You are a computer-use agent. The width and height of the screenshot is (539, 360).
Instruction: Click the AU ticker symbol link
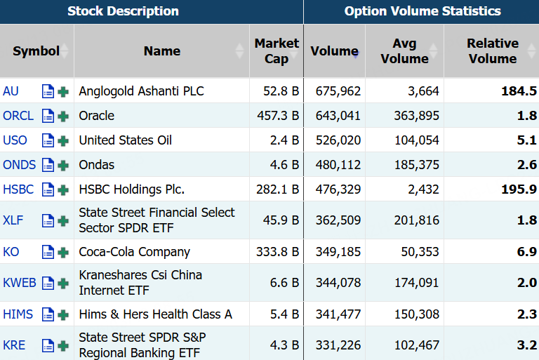pos(11,91)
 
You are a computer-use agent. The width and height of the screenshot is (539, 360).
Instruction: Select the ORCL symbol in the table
pos(18,116)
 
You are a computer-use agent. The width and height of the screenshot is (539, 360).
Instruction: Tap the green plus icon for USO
pos(63,140)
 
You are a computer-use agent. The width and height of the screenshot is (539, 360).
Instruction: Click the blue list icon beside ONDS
pos(48,166)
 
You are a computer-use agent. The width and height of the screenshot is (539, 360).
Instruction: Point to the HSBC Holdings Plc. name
pos(131,189)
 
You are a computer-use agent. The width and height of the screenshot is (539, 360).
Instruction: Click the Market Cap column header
pos(277,51)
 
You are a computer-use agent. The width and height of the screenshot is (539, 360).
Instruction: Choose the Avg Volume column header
pos(404,51)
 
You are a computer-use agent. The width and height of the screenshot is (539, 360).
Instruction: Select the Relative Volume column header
pos(492,51)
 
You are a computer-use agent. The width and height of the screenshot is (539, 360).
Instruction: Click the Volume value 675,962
pos(334,91)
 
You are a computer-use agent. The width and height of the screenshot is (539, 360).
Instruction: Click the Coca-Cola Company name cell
pos(134,252)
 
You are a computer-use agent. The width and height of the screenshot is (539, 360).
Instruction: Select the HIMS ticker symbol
pos(18,314)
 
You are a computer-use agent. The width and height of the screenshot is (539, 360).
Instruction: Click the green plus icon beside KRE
pos(63,345)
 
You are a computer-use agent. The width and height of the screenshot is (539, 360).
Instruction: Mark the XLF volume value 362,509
pos(334,220)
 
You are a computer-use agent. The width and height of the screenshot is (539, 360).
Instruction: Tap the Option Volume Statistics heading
pos(422,11)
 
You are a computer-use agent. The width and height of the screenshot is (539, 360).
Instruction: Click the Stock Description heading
pos(123,11)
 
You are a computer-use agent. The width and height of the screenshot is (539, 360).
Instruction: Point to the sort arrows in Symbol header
pos(65,51)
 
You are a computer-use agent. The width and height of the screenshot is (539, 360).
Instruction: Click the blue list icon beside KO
pos(48,252)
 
